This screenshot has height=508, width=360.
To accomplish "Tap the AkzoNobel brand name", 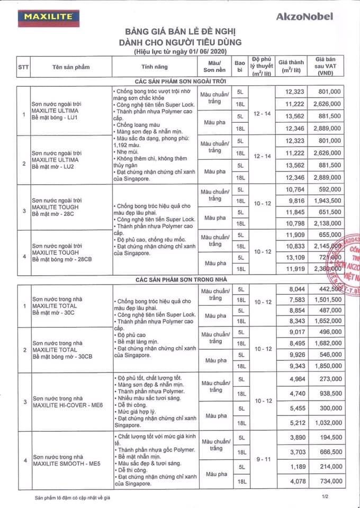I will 305,16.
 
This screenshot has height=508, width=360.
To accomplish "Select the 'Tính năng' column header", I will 155,67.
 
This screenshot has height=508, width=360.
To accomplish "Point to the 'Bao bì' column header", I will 240,66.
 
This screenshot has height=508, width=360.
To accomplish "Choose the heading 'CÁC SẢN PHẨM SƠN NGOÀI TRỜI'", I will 180,80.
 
